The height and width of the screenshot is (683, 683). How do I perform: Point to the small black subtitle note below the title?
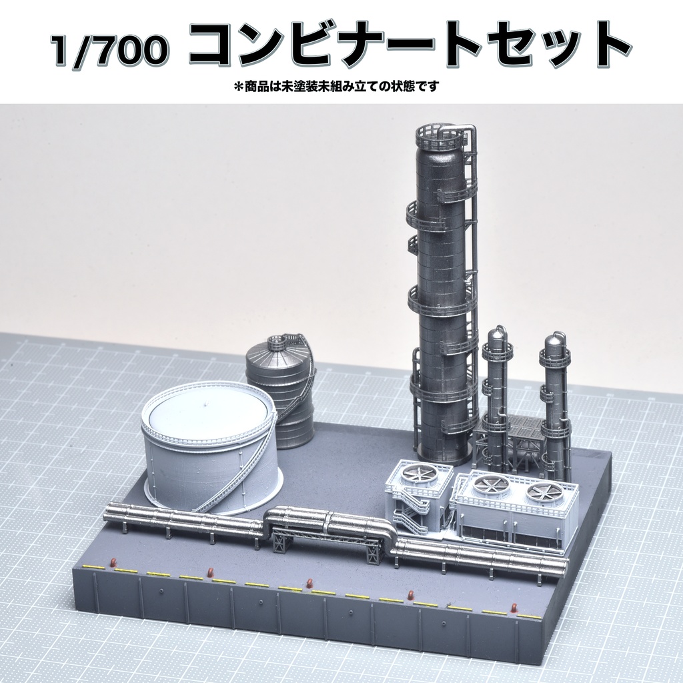pos(336,86)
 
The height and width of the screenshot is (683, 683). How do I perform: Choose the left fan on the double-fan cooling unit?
pos(491,486)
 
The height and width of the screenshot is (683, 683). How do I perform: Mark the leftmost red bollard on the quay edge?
pos(113,563)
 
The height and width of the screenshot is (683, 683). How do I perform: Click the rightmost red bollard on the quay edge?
pos(514,608)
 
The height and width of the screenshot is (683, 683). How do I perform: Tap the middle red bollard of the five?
pos(309,584)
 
